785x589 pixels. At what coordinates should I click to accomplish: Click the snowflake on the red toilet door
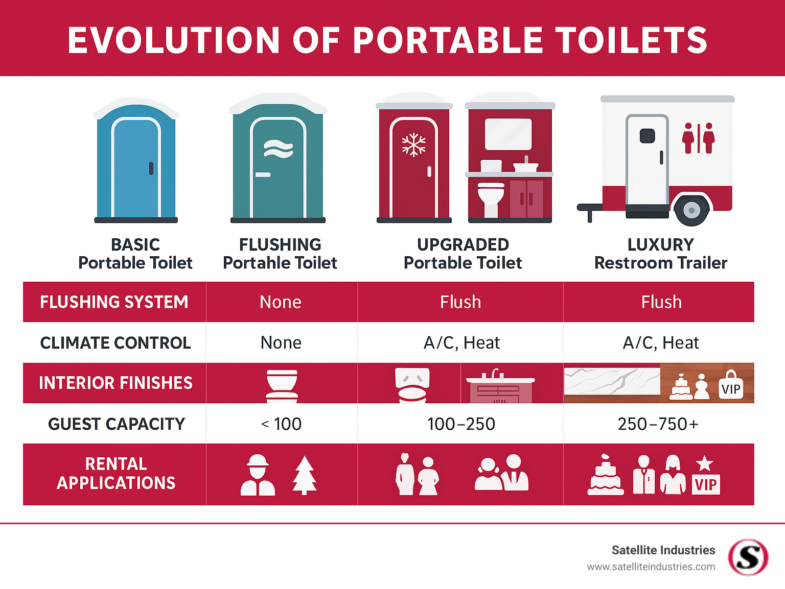tap(413, 144)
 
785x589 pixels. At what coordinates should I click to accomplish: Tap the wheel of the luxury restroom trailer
tap(691, 210)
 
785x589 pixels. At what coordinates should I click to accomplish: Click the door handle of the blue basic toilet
tap(151, 168)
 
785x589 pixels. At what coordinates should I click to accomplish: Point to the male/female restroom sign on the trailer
tap(698, 138)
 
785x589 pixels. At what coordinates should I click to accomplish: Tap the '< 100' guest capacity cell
tap(281, 424)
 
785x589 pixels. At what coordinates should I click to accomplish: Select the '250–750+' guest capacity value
tap(658, 424)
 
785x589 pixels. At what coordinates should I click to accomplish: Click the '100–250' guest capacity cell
tap(461, 424)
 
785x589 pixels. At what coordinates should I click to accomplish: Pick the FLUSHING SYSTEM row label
tap(114, 302)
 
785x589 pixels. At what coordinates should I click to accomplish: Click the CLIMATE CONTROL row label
tap(116, 342)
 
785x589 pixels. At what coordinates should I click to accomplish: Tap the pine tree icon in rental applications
tap(305, 475)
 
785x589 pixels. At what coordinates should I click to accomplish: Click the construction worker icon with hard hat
tap(258, 475)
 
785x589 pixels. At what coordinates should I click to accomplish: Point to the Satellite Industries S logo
tap(748, 557)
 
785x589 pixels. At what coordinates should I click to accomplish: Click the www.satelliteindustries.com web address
tap(651, 567)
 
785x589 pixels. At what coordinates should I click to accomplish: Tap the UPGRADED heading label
tap(463, 244)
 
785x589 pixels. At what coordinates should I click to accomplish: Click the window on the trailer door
tap(648, 136)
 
